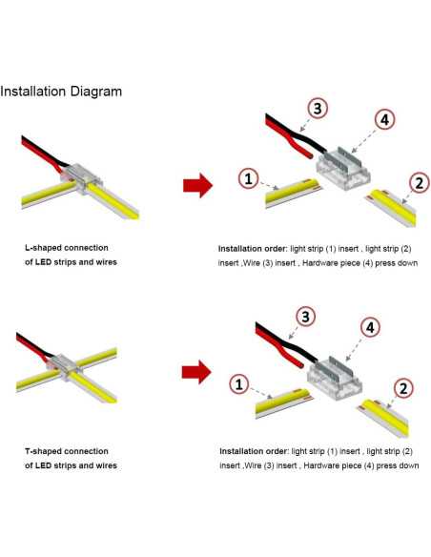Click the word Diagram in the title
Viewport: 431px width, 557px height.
click(96, 92)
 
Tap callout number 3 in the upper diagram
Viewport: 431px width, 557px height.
click(317, 108)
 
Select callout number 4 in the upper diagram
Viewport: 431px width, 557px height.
click(385, 120)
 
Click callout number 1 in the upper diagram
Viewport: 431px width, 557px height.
click(249, 178)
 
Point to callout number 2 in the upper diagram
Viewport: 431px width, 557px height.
click(420, 183)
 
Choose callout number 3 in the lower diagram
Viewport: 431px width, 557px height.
click(306, 316)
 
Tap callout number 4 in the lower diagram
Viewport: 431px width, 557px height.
click(370, 327)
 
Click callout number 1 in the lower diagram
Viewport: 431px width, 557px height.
click(239, 384)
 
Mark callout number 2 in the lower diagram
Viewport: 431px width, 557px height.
click(403, 388)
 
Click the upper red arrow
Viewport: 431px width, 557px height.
click(197, 185)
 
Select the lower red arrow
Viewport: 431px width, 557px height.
click(196, 372)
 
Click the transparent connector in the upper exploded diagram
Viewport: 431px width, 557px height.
click(343, 168)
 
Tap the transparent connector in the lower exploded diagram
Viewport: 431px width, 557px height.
click(335, 378)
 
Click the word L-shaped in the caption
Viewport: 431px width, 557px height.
click(43, 248)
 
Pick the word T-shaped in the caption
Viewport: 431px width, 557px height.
click(43, 451)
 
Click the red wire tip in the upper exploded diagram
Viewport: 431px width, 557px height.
click(310, 155)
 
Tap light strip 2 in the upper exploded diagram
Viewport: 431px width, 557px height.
click(391, 208)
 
